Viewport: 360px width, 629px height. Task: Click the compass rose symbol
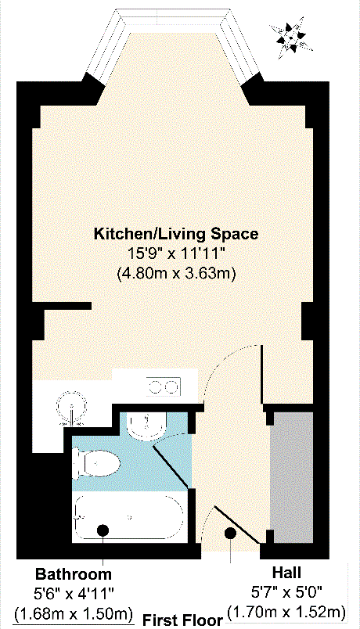(x=293, y=34)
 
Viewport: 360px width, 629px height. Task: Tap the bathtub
(x=129, y=516)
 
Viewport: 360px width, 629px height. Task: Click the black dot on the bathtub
(x=103, y=531)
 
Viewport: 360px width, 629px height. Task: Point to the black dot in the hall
(x=231, y=533)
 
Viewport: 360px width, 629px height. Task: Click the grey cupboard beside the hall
(x=292, y=477)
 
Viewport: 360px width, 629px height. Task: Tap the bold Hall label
(x=286, y=573)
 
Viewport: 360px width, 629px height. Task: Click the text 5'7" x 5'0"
(x=286, y=592)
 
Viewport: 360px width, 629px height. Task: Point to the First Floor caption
(x=182, y=620)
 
